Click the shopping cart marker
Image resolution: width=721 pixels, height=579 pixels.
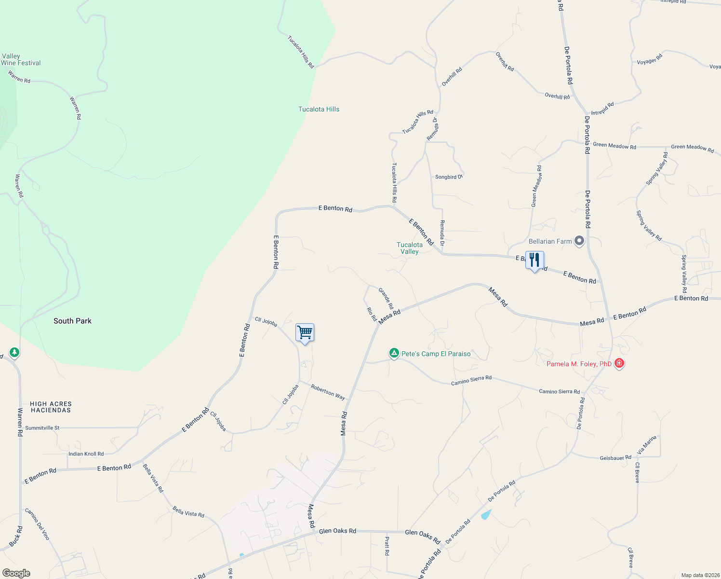tap(305, 332)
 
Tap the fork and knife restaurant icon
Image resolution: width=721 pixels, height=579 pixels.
tap(534, 261)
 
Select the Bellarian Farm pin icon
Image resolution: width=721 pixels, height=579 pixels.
tap(579, 241)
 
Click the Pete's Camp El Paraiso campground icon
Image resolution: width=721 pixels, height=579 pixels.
tap(394, 354)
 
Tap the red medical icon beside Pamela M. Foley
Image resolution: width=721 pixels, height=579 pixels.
tap(619, 363)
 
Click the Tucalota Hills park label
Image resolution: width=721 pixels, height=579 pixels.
tap(319, 110)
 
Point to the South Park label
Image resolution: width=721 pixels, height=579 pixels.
tap(72, 321)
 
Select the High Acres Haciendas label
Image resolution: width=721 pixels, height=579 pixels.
tap(51, 407)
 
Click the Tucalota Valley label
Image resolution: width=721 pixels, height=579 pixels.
tap(410, 248)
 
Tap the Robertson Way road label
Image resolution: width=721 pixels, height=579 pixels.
tap(328, 392)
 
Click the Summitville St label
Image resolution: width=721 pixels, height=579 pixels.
tap(42, 428)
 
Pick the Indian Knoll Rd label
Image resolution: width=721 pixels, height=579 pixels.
tap(86, 454)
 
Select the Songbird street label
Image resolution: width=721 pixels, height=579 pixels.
tap(448, 177)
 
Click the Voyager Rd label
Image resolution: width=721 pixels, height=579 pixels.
tap(650, 59)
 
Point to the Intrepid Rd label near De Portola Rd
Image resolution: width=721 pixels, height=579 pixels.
tap(602, 109)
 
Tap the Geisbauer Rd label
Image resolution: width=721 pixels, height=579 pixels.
tap(615, 458)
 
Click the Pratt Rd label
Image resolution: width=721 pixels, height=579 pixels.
tap(387, 546)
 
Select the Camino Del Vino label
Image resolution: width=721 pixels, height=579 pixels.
tap(37, 524)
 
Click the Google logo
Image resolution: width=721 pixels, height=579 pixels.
tap(16, 573)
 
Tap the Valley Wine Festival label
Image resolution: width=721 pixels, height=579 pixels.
tap(21, 60)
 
